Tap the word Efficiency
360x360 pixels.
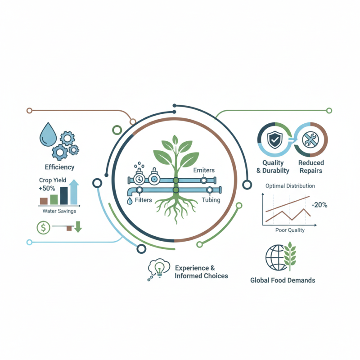click(x=59, y=167)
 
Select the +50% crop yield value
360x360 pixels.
click(x=47, y=188)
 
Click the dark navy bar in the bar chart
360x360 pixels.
click(x=64, y=196)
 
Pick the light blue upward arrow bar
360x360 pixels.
click(x=74, y=192)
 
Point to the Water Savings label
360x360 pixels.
click(x=59, y=211)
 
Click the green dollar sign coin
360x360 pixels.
click(x=43, y=228)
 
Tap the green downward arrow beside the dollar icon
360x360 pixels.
click(x=78, y=227)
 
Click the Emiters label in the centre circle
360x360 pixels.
click(x=204, y=170)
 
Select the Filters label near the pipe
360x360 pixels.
click(x=143, y=200)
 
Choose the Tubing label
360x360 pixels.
click(x=211, y=200)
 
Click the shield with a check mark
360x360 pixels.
click(x=274, y=140)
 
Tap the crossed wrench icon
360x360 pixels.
click(x=310, y=139)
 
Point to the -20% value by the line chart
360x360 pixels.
click(x=319, y=205)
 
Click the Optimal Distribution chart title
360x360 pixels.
click(x=290, y=186)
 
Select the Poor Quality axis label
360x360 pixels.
click(x=290, y=230)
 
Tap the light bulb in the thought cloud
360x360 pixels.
click(x=160, y=269)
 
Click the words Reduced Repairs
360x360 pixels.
click(x=311, y=166)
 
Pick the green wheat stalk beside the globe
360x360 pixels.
click(x=290, y=256)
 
